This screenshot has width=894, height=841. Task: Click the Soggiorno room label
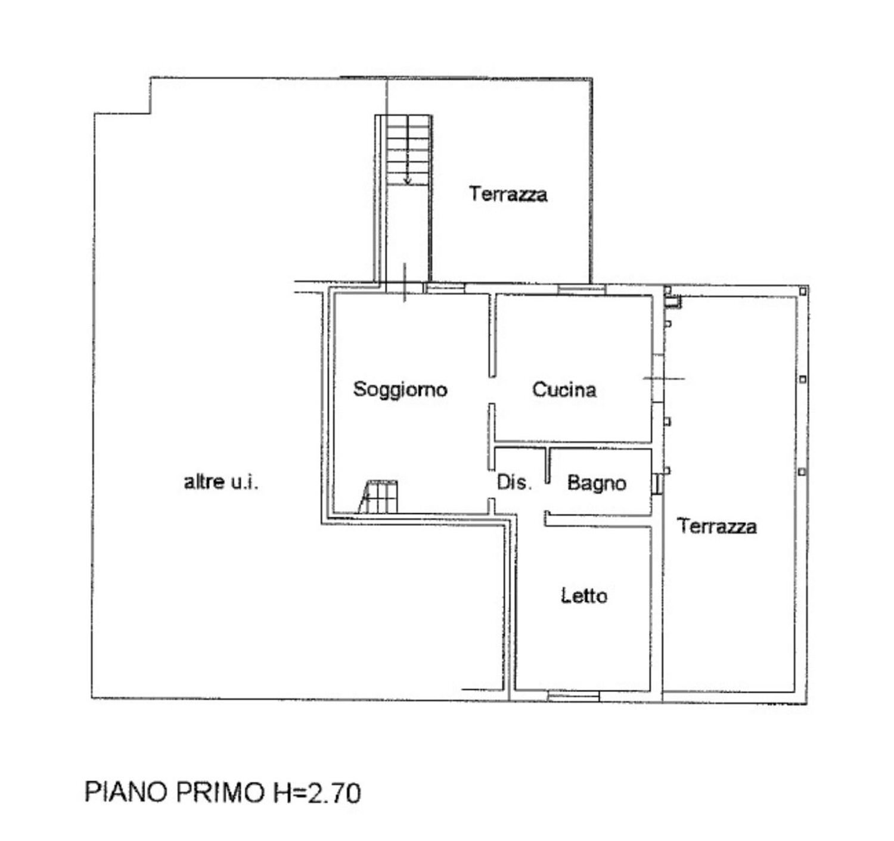[400, 390]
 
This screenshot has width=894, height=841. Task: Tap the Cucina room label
[564, 390]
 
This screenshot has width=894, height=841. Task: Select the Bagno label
[597, 482]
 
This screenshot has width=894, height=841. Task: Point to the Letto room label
[584, 596]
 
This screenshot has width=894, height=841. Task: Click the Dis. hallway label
[514, 482]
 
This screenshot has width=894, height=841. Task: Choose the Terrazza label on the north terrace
[508, 194]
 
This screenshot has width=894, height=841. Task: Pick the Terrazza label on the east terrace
[717, 526]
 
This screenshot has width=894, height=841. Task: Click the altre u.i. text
[221, 482]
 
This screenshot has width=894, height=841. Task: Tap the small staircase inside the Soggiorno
[379, 497]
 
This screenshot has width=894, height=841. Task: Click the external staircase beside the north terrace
[408, 150]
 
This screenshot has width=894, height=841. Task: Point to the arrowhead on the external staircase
[408, 180]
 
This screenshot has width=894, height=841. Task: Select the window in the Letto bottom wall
[573, 695]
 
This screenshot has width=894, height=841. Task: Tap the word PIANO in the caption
[126, 793]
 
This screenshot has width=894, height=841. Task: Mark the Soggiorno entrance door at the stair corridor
[405, 288]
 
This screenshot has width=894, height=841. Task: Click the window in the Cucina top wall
[582, 289]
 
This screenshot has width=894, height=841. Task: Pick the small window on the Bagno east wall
[656, 483]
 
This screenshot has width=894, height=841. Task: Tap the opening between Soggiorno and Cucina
[492, 390]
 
